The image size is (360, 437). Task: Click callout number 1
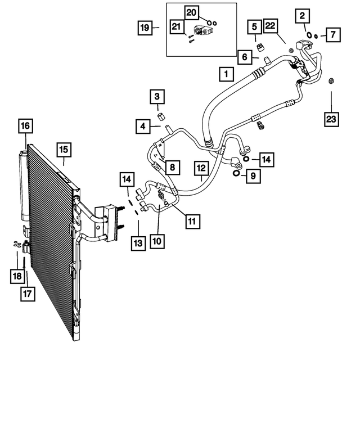[x=226, y=74]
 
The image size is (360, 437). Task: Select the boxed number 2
[x=303, y=16]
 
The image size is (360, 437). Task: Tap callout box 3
[x=157, y=97]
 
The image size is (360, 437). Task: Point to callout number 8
[x=173, y=167]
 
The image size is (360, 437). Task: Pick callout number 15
[x=63, y=149]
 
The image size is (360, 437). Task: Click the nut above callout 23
[x=331, y=80]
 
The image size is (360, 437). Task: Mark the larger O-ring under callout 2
[x=309, y=35]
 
